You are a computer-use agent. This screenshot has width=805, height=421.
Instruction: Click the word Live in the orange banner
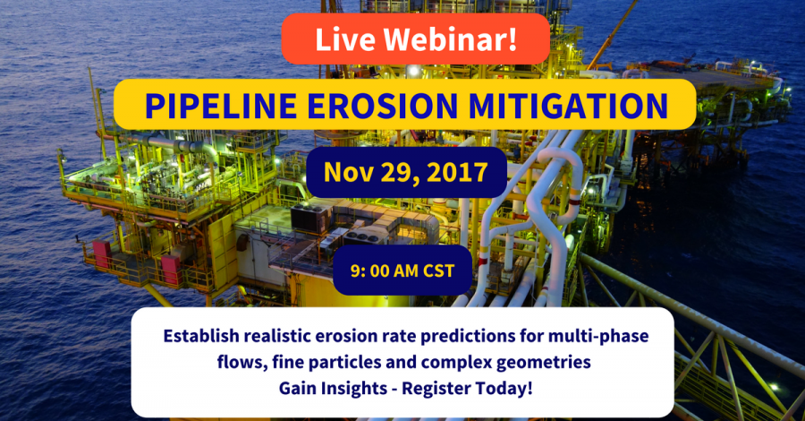(345, 39)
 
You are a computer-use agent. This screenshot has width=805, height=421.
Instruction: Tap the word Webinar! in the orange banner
(450, 39)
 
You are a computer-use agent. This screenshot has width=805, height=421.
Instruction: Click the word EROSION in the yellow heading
(383, 106)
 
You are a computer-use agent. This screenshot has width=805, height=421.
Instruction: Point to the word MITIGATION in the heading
(568, 106)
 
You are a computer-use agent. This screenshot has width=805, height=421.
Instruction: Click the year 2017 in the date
(457, 172)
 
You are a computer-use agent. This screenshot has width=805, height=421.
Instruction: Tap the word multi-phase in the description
(598, 336)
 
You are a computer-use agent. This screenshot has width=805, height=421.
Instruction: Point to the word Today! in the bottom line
(504, 389)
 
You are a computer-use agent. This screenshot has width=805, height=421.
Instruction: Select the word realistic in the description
(277, 336)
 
